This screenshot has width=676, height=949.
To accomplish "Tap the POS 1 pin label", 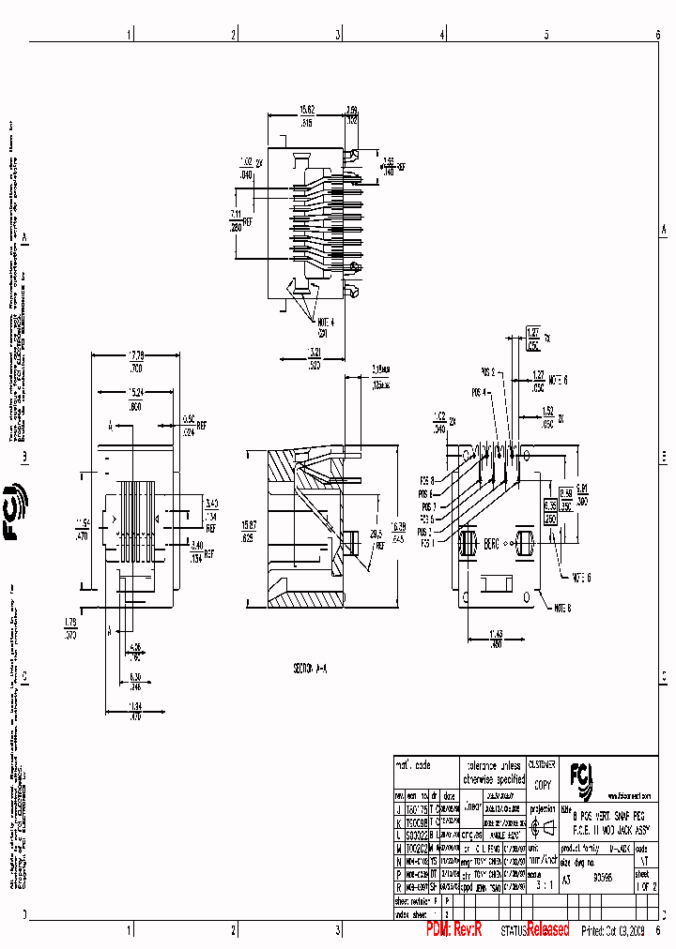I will tap(427, 543).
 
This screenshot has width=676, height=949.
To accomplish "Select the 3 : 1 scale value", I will tap(543, 882).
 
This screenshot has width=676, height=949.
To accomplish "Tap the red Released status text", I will tap(547, 930).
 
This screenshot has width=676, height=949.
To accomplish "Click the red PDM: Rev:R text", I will tap(453, 929).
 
